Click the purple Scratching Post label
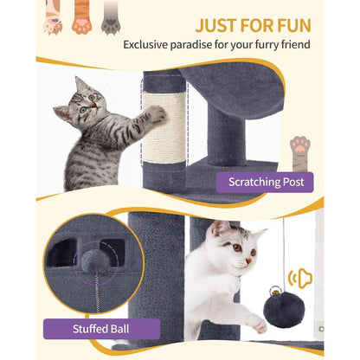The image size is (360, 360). point(265,183)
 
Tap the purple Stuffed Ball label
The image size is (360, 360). point(101,329)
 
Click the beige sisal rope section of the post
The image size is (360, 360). point(164,128)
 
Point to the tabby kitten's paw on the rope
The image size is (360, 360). point(157,114)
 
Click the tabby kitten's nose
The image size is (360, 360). point(95,106)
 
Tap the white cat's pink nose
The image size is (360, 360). point(248,260)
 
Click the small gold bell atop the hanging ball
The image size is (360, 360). point(276,292)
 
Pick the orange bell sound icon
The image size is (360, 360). point(300,278)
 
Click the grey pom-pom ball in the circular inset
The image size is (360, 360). point(93,260)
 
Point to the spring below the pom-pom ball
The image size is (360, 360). point(97,292)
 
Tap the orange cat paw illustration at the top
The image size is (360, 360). point(82,16)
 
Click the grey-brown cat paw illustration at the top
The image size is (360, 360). point(111,16)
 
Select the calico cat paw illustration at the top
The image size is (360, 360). point(53,16)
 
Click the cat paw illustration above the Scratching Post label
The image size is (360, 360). point(300,154)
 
